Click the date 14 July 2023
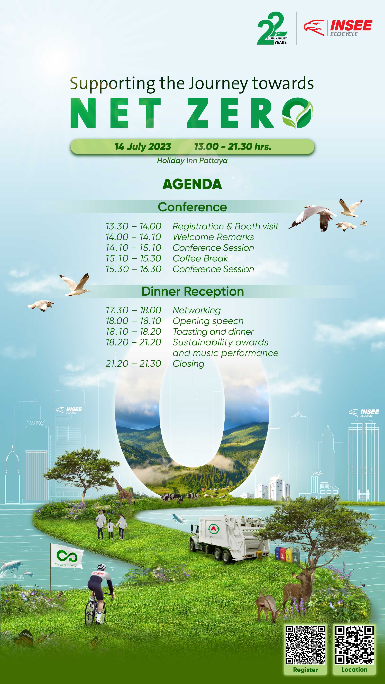click(143, 147)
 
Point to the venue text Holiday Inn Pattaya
click(192, 161)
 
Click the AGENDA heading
click(192, 184)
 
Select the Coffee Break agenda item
click(200, 258)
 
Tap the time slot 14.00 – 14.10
click(133, 237)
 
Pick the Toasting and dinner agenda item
click(213, 332)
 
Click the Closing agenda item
click(188, 364)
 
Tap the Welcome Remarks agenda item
click(213, 237)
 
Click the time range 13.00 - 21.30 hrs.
click(233, 147)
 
